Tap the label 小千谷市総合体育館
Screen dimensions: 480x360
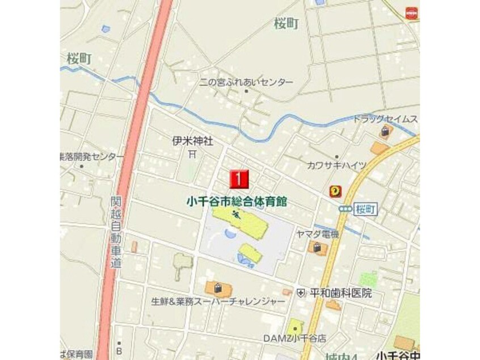237,201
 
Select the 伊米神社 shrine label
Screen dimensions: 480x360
193,141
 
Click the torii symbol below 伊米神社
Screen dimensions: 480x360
192,153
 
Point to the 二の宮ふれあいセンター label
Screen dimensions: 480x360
246,82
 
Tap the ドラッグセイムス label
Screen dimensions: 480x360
385,119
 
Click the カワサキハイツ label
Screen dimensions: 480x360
336,165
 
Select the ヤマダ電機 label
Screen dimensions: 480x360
317,234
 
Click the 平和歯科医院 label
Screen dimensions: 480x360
340,293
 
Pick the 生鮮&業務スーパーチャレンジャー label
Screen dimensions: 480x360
218,302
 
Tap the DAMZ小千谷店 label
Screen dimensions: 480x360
294,338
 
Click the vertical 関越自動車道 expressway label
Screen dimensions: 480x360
116,232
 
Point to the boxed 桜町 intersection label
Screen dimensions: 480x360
363,209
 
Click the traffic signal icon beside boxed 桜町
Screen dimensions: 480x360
344,209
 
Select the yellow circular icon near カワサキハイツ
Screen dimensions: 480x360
336,192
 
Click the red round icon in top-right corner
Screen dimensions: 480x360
411,12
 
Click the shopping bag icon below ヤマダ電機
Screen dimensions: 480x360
315,248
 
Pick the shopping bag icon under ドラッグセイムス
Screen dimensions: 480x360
385,132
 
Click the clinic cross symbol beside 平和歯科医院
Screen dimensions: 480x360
301,293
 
